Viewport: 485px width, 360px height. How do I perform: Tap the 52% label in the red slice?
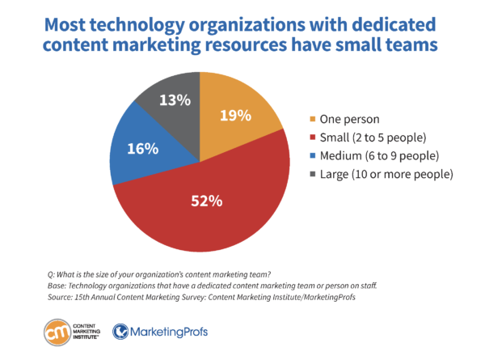(205, 201)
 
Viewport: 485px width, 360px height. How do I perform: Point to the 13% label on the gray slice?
(174, 101)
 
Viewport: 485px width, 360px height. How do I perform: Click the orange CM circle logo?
(58, 332)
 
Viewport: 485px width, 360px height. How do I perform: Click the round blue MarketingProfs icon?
(120, 332)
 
